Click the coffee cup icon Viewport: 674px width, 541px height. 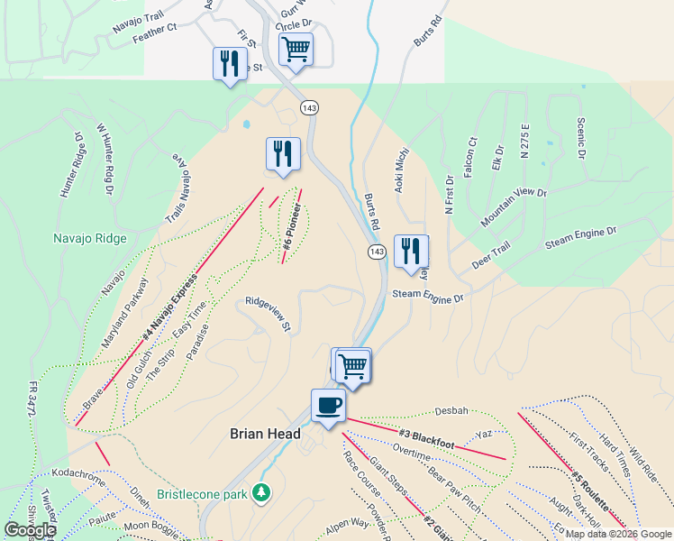pos(328,405)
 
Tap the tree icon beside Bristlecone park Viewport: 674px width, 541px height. pos(261,492)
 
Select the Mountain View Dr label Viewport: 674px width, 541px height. pos(514,206)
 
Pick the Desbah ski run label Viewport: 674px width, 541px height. pos(451,410)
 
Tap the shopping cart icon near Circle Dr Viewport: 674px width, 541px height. pos(295,50)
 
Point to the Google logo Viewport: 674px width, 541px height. pos(30,530)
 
